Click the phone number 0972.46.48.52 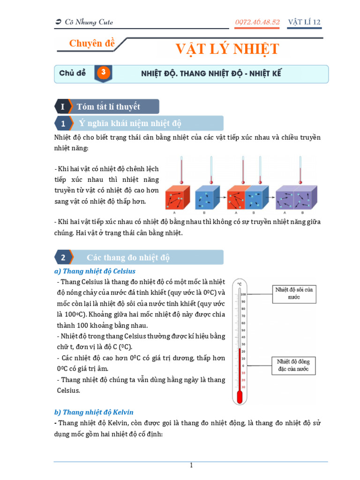pos(257,22)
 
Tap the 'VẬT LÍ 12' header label pos(304,22)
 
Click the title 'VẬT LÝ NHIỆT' pos(227,49)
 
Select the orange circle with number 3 pos(104,73)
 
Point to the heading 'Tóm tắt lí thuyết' pos(108,106)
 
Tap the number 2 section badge pos(63,257)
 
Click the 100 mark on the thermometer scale pos(243,294)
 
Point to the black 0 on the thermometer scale pos(243,366)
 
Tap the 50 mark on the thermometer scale pos(243,330)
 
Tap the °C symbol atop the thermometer pos(240,284)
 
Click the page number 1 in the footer pos(191,465)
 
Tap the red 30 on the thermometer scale pos(243,387)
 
